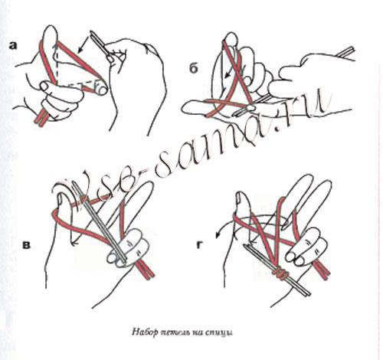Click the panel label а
[12, 46]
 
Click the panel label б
[194, 68]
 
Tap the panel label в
[26, 245]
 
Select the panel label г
[200, 245]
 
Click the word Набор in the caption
[142, 332]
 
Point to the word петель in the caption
[172, 333]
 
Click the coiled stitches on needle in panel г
[280, 273]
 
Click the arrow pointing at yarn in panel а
[83, 44]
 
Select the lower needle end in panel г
[306, 293]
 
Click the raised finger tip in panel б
[232, 37]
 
